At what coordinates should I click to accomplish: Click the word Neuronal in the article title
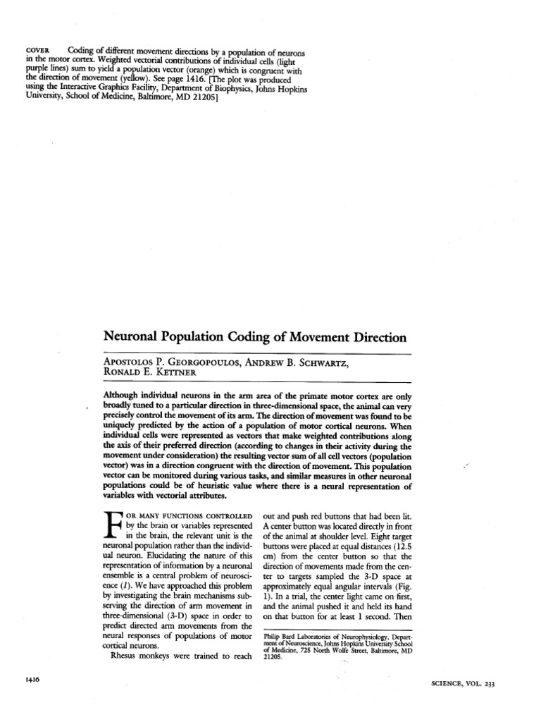click(137, 338)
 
